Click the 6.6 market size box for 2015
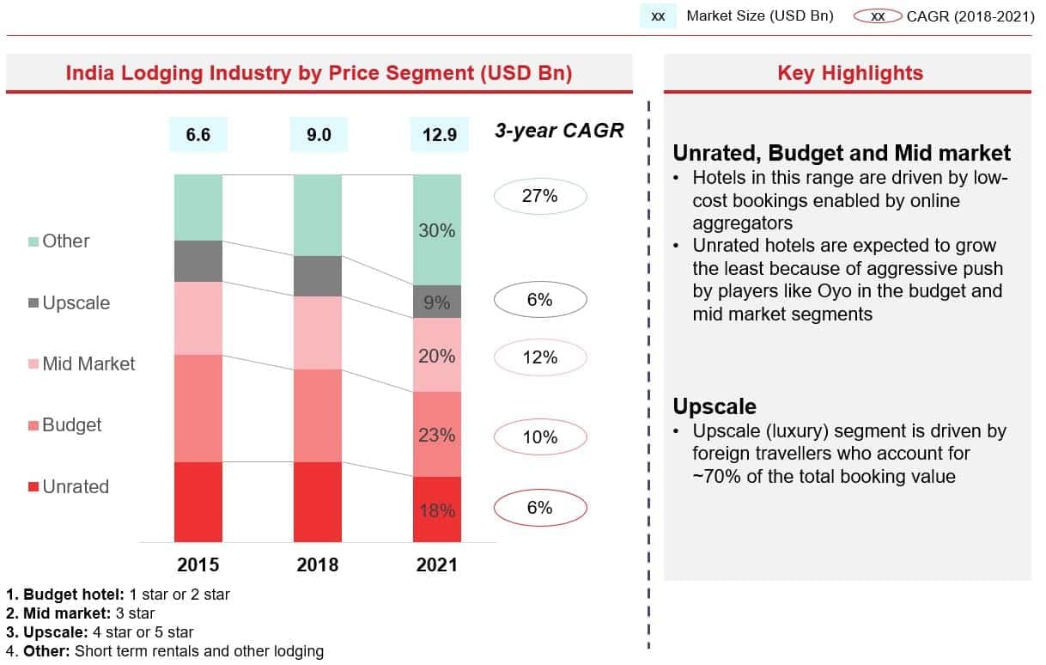198,134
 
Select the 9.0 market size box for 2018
318,134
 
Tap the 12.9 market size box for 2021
439,134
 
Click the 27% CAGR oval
540,197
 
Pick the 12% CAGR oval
540,357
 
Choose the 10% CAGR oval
540,437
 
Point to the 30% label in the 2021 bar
437,231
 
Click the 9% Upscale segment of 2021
437,302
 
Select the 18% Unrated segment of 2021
437,510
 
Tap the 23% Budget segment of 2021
437,435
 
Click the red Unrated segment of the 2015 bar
198,502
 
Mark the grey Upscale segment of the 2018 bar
318,276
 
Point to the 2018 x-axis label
318,564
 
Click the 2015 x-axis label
198,564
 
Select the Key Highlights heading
849,73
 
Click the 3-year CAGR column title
559,131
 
